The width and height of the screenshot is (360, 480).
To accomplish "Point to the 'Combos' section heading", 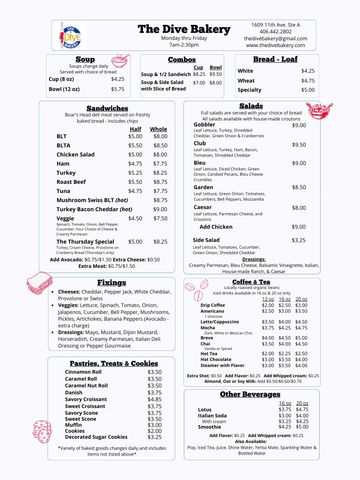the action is pyautogui.click(x=181, y=60).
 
